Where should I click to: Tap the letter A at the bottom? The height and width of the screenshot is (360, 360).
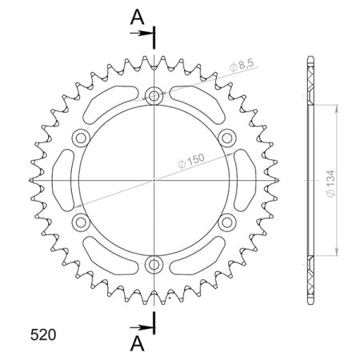(x=138, y=345)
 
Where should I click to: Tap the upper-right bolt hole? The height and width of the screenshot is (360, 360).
(x=226, y=138)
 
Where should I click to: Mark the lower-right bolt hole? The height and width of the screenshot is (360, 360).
(x=226, y=222)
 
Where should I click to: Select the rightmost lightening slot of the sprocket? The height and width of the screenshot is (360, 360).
(x=246, y=179)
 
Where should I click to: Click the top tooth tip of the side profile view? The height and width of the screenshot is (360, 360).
(x=310, y=58)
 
